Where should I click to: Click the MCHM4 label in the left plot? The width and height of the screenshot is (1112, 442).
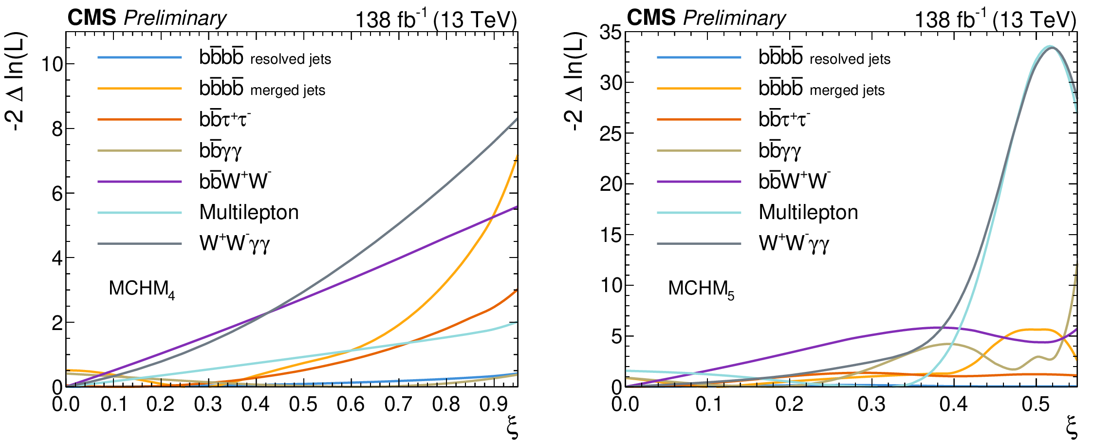click(141, 289)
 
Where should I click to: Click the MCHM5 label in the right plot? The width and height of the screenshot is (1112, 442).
click(701, 289)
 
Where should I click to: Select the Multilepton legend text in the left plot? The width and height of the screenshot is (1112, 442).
click(249, 212)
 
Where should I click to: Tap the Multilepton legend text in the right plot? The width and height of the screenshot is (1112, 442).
click(808, 212)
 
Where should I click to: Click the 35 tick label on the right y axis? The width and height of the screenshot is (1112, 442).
click(611, 33)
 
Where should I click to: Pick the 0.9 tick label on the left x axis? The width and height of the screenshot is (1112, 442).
click(494, 405)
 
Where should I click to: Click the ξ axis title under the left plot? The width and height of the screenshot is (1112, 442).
click(512, 428)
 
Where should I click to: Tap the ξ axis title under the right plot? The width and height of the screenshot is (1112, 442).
click(1071, 428)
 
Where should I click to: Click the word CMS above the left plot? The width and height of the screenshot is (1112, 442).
click(92, 18)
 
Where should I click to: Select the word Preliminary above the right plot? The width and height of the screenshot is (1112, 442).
click(734, 18)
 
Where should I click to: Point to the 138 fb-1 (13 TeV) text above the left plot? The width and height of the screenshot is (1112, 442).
click(436, 20)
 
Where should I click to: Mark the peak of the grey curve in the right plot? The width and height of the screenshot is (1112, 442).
click(1050, 47)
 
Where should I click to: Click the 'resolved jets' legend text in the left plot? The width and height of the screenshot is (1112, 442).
click(291, 59)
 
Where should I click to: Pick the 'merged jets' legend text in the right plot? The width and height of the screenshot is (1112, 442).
click(847, 91)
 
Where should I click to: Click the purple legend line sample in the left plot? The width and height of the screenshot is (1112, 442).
click(139, 182)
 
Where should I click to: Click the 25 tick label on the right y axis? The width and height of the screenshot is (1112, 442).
click(611, 133)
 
